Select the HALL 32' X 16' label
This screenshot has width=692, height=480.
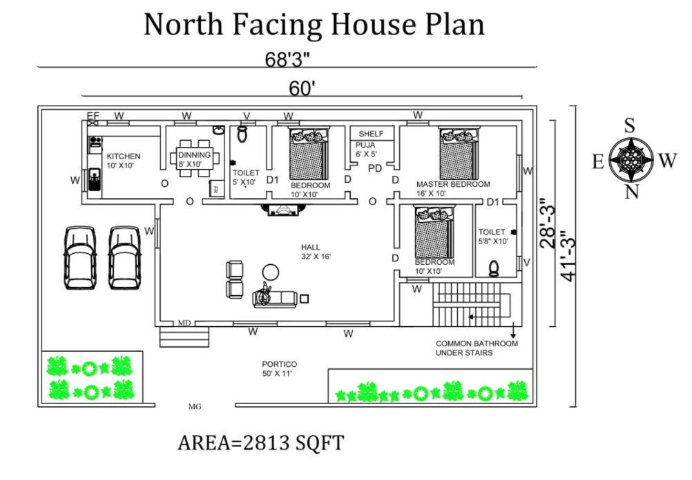[316, 252]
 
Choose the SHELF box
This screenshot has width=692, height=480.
[372, 134]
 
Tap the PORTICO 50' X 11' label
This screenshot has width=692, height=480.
[280, 368]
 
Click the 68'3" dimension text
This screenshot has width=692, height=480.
[287, 59]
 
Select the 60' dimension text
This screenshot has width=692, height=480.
[302, 88]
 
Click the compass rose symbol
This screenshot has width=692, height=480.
[631, 159]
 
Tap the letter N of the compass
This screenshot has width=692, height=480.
[631, 192]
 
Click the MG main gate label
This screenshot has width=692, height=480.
[195, 406]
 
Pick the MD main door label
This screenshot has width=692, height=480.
[184, 323]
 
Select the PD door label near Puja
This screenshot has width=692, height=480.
[375, 168]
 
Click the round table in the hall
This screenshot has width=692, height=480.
[271, 272]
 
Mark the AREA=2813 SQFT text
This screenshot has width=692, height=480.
[261, 443]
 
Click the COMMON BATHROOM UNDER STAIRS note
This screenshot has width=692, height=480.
[477, 348]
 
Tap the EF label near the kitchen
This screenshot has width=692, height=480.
[93, 116]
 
